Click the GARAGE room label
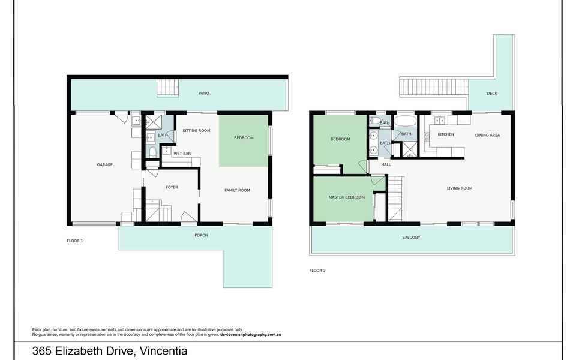pyautogui.click(x=104, y=165)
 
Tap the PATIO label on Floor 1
pyautogui.click(x=204, y=94)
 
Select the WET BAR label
pyautogui.click(x=182, y=154)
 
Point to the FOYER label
pyautogui.click(x=172, y=187)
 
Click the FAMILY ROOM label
pyautogui.click(x=238, y=190)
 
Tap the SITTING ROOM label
pyautogui.click(x=197, y=130)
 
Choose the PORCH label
pyautogui.click(x=202, y=235)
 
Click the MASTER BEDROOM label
pyautogui.click(x=346, y=197)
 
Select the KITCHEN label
pyautogui.click(x=446, y=134)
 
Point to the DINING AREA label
pyautogui.click(x=487, y=135)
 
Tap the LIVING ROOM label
pyautogui.click(x=460, y=188)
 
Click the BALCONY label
pyautogui.click(x=411, y=238)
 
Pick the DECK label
pyautogui.click(x=492, y=94)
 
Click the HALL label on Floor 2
pyautogui.click(x=386, y=164)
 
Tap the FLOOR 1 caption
pyautogui.click(x=75, y=241)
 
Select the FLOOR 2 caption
pyautogui.click(x=317, y=271)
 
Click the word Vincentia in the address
pyautogui.click(x=164, y=351)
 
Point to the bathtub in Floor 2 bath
pyautogui.click(x=406, y=121)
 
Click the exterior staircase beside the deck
pyautogui.click(x=434, y=88)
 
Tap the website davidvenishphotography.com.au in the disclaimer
pyautogui.click(x=251, y=335)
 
